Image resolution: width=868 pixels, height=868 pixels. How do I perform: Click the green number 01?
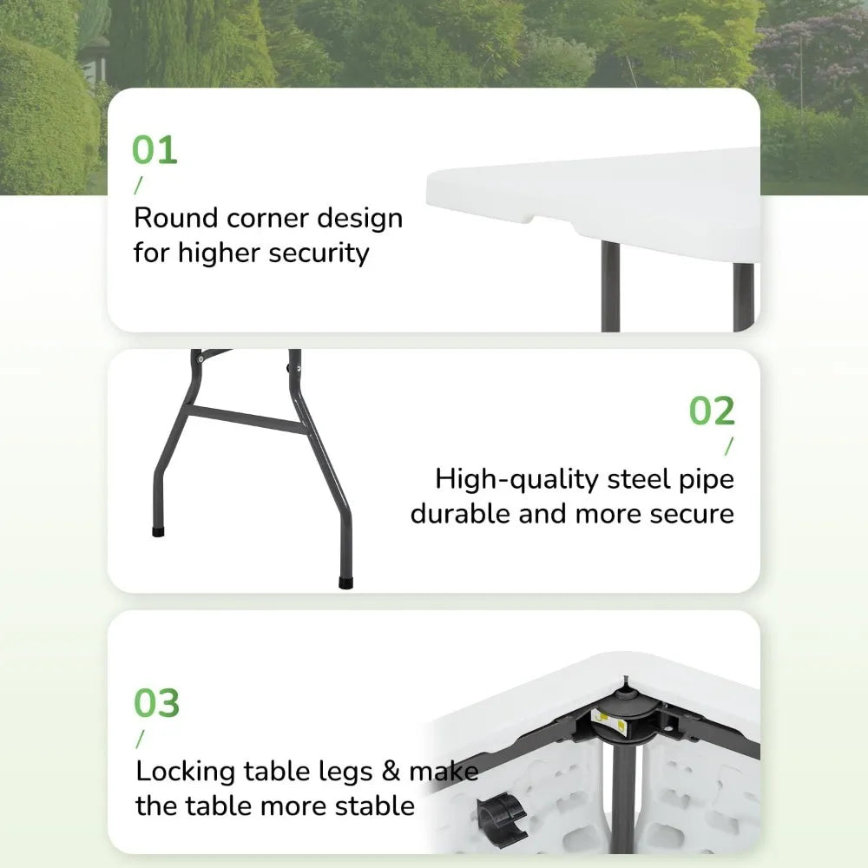click(x=155, y=150)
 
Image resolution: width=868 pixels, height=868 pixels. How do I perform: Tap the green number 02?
click(x=712, y=411)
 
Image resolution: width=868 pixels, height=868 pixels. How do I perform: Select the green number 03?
click(x=156, y=703)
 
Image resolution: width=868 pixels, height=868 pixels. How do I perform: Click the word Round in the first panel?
click(x=176, y=218)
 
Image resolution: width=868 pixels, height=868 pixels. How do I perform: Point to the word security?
click(x=319, y=253)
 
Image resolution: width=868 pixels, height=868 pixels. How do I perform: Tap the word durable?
click(x=460, y=513)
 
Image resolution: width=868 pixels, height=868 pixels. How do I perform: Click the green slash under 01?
click(x=137, y=186)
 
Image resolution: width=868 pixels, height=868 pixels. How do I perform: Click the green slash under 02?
click(x=728, y=446)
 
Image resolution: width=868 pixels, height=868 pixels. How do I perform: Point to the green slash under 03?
click(x=139, y=739)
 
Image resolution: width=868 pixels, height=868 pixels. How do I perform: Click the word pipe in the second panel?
click(x=710, y=480)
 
